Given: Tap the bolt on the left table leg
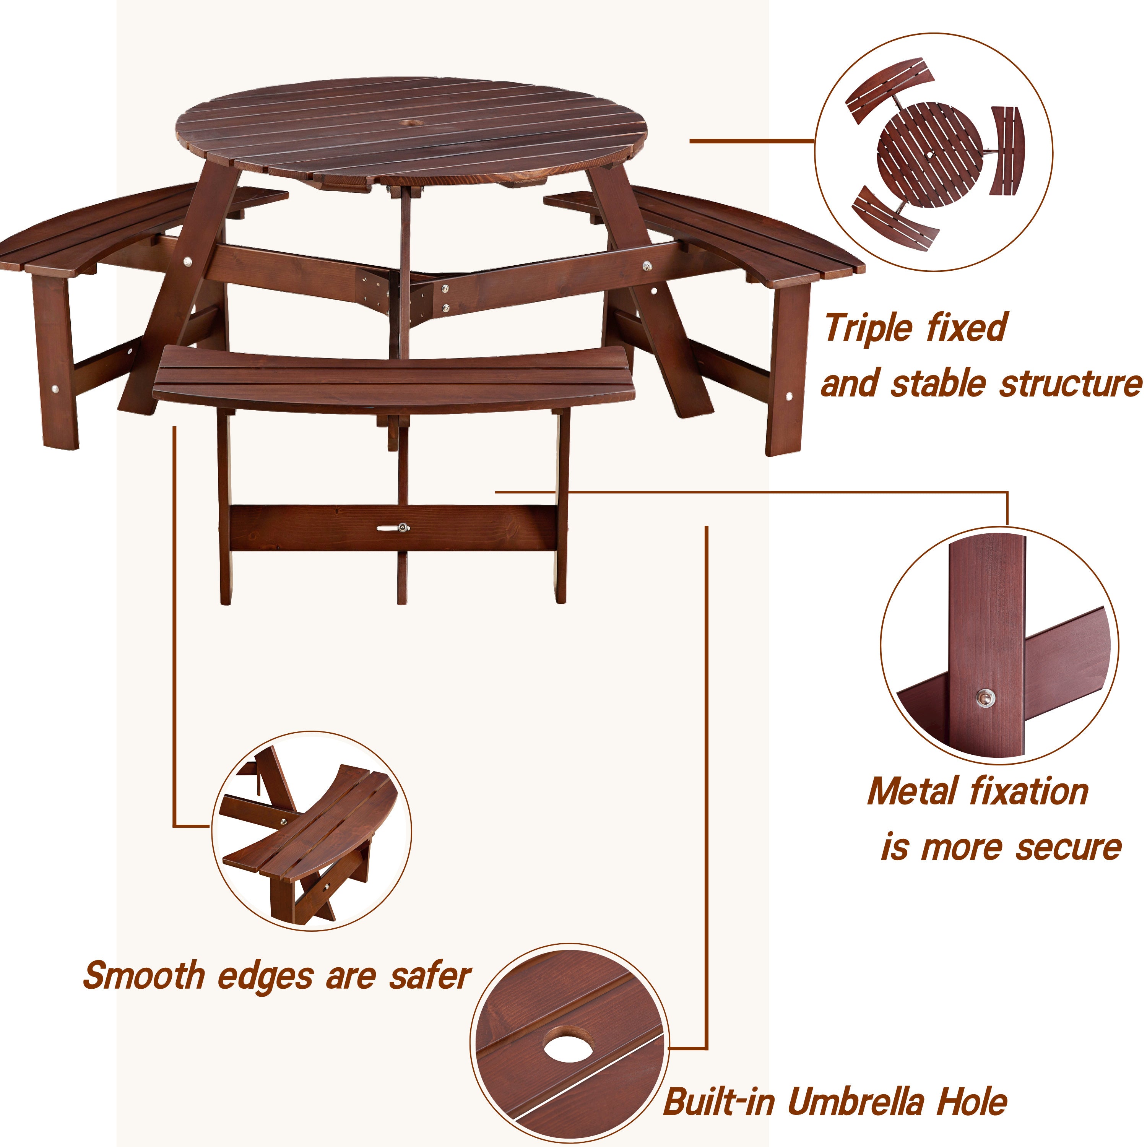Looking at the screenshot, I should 189,261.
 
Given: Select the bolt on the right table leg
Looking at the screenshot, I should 647,266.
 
